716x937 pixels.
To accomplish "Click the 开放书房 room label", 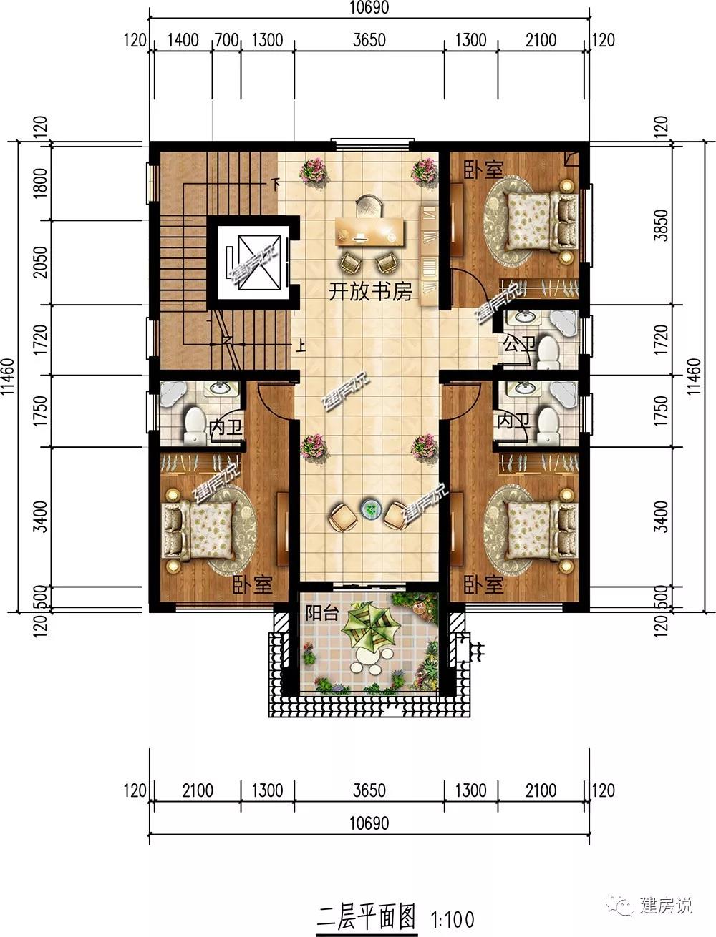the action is coord(370,292).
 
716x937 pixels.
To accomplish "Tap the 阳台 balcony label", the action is coord(322,614).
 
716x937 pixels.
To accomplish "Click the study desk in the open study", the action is coord(370,232).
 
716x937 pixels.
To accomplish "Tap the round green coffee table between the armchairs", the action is coord(370,509).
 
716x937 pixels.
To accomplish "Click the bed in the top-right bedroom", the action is coord(542,221).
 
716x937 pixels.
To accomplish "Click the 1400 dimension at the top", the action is coord(183,41).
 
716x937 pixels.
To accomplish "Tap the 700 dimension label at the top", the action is coord(226,41).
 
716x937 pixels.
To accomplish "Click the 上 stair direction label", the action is coord(301,345).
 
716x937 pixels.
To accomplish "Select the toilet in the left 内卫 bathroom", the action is coord(195,424).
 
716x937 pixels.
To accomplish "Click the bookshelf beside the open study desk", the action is coord(430,255).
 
